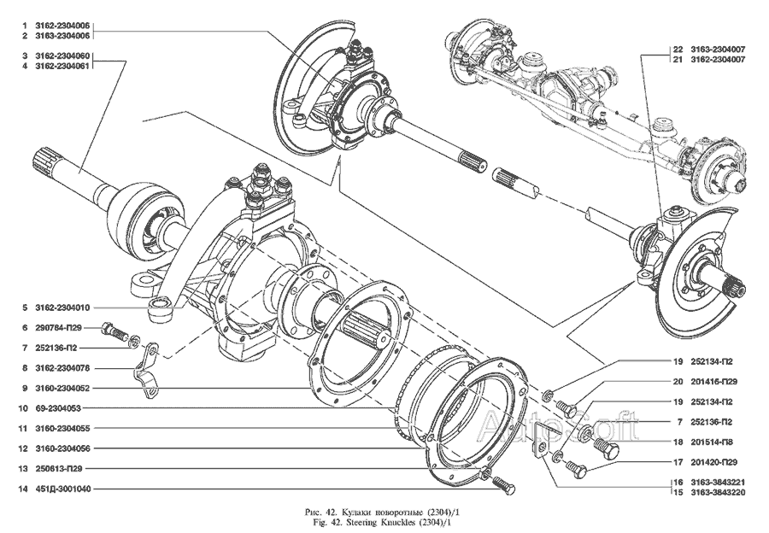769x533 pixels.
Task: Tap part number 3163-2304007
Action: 711,49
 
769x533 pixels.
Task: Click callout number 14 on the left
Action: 26,489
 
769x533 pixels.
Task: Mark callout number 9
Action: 26,388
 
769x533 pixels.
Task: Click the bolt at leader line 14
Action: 504,485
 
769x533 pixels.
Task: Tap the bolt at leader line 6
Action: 113,329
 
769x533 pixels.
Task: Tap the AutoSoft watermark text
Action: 560,423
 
